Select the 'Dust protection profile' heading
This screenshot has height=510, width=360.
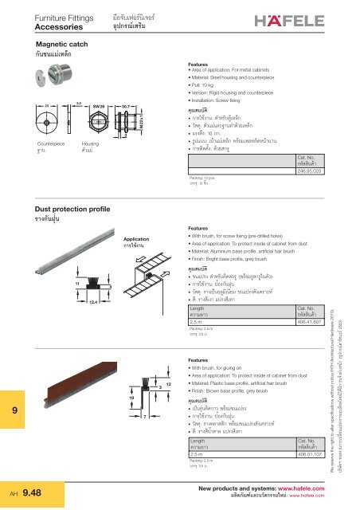pos(75,206)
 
